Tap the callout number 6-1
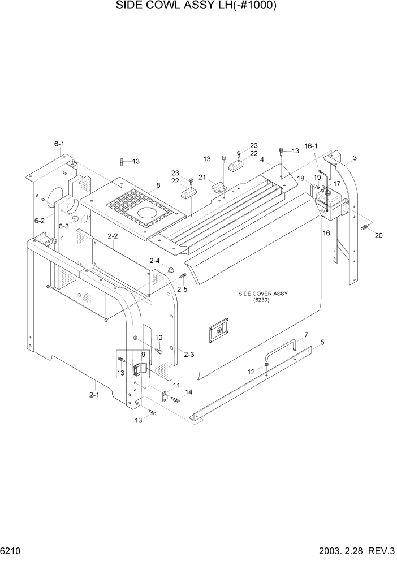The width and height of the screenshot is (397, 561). point(59,145)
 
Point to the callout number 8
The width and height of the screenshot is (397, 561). point(158,185)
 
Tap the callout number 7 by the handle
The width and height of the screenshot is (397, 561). point(306,335)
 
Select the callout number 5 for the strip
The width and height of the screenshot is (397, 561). point(322,342)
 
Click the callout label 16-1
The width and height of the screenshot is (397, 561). point(311,146)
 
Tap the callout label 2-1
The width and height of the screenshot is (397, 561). point(94,395)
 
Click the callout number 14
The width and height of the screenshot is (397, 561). point(188,392)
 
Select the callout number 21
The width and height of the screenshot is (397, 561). point(202,177)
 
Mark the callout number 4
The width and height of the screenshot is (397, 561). point(262,160)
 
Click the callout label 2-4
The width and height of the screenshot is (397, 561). point(154,260)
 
